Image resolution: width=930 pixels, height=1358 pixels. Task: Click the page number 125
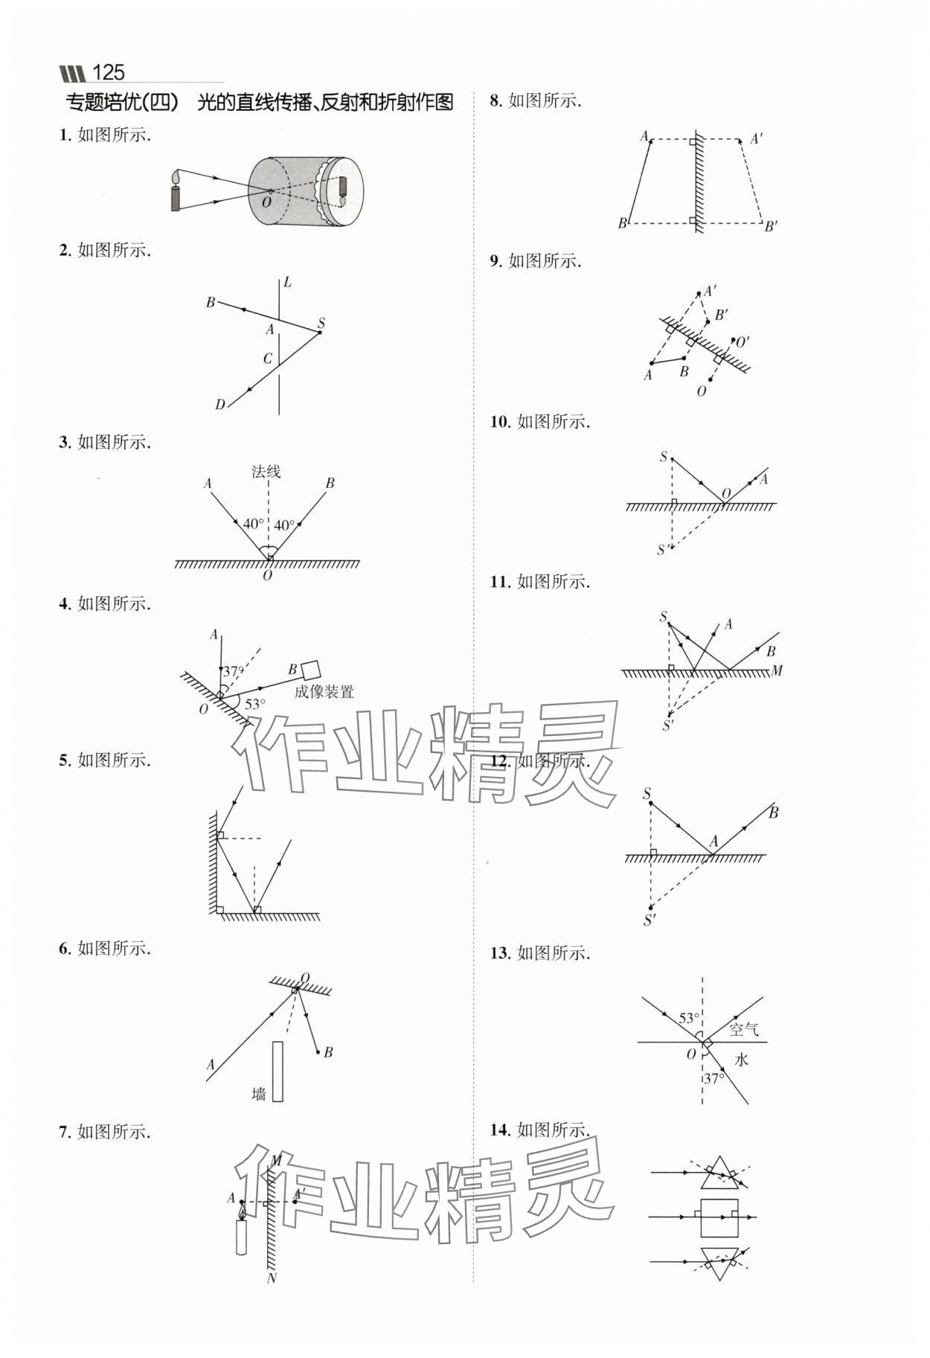click(x=108, y=72)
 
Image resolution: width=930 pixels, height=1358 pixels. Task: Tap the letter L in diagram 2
click(x=287, y=282)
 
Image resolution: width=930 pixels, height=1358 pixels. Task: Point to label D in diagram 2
click(x=219, y=405)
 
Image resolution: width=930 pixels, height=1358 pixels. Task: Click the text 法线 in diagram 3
click(x=266, y=471)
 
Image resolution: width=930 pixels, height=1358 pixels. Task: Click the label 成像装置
click(x=324, y=692)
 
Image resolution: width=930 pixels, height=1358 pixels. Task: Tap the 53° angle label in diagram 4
click(x=254, y=704)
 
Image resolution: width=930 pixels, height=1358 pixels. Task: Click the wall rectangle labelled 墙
click(x=278, y=1071)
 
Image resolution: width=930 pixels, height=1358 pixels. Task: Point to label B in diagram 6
click(x=328, y=1051)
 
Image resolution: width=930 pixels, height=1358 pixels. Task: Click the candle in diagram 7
click(x=241, y=1236)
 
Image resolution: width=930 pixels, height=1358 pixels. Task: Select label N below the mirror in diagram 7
click(x=272, y=1278)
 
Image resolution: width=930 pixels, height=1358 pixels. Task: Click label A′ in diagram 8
click(x=757, y=139)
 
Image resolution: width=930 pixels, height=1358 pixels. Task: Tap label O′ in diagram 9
click(x=742, y=342)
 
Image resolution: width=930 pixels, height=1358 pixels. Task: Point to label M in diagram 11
click(x=777, y=671)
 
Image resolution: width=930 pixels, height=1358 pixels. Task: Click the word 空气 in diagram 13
click(x=743, y=1030)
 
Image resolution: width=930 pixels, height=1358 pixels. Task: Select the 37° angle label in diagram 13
click(x=714, y=1077)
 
